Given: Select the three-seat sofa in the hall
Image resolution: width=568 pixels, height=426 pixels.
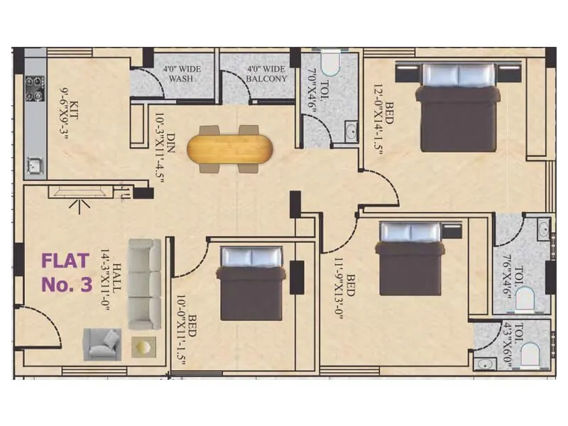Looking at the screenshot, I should click(x=144, y=283).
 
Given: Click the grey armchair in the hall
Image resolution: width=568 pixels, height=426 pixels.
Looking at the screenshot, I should click(x=102, y=344).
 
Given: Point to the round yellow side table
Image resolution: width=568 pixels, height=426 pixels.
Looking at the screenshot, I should click(x=142, y=347).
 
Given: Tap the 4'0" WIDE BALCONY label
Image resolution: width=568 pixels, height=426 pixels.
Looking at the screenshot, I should click(x=266, y=75).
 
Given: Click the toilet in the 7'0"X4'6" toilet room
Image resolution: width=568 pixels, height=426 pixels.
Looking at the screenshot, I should click(x=329, y=65).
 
